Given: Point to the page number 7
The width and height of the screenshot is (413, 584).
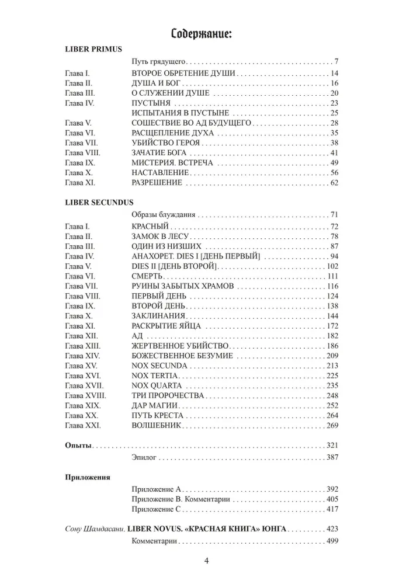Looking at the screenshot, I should pyautogui.click(x=336, y=61).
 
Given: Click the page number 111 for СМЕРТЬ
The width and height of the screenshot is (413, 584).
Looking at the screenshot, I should pyautogui.click(x=332, y=276).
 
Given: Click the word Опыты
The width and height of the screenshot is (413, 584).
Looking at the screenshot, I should pyautogui.click(x=78, y=446).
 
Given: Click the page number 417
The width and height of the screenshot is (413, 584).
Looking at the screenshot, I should pyautogui.click(x=332, y=509).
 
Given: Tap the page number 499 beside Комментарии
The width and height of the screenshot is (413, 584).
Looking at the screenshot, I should pyautogui.click(x=332, y=541).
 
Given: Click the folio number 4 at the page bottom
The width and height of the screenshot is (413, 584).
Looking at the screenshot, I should pyautogui.click(x=206, y=562).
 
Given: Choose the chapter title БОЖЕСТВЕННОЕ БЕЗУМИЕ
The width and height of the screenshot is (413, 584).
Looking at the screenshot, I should pyautogui.click(x=183, y=356).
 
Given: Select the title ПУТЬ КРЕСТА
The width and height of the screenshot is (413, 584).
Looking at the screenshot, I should pyautogui.click(x=158, y=415).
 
